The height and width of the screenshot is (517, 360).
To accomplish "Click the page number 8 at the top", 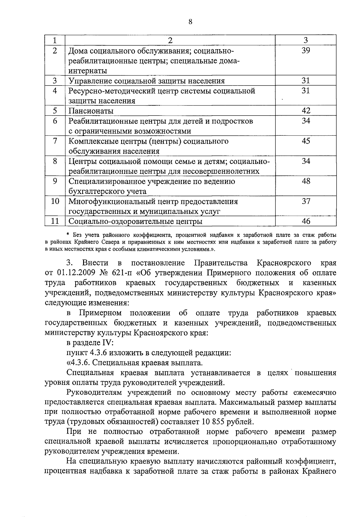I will (190, 22).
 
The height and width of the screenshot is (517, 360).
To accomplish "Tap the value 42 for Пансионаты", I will (306, 110).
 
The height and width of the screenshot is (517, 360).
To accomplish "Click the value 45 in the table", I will (306, 141).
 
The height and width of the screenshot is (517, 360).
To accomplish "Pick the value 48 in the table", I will (306, 181).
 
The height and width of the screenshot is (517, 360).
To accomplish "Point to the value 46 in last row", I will (306, 221).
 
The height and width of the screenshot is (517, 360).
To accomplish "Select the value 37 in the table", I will (306, 201).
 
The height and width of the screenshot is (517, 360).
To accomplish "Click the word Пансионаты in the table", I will (91, 111).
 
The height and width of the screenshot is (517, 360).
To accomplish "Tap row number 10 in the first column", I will (55, 201).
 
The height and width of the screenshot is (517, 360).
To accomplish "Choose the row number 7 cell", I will (55, 141).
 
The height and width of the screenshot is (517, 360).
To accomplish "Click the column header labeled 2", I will (170, 40).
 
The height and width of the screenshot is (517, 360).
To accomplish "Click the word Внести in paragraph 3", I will (95, 263).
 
